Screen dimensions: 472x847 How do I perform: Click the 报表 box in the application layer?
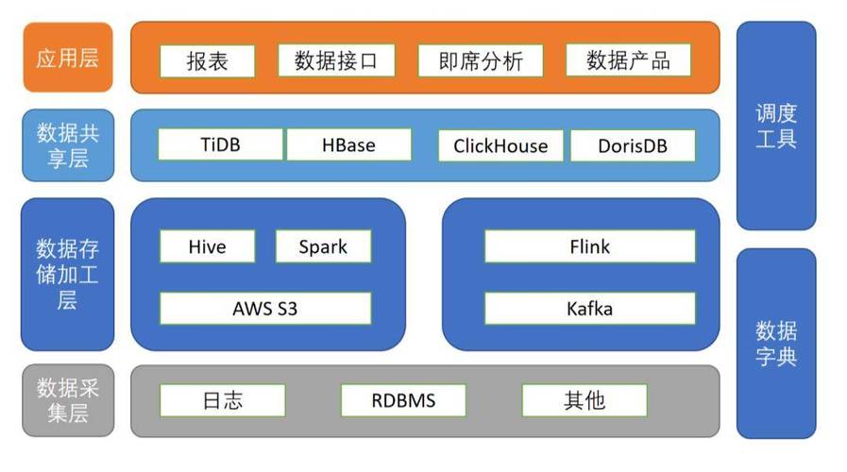207,61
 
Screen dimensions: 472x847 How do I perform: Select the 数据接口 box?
335,61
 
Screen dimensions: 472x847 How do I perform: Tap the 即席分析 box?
481,61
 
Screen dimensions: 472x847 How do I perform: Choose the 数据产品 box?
628,61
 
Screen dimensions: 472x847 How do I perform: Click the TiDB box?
220,145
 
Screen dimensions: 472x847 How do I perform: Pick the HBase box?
348,145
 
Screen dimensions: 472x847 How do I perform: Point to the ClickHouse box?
500,146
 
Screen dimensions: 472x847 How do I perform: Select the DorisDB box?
633,146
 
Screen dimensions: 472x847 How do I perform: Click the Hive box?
207,246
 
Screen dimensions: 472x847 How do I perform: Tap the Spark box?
323,246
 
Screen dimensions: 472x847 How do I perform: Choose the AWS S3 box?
265,308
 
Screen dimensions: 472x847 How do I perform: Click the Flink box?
590,246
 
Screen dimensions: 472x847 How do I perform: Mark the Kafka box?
590,308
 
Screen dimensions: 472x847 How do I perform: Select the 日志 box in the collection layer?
222,400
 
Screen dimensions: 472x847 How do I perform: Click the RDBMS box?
403,400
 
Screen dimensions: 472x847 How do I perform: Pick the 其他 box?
584,400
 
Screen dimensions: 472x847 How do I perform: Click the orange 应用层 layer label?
67,58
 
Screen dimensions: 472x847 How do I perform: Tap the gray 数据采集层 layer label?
67,400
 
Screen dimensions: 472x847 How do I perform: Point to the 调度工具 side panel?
775,126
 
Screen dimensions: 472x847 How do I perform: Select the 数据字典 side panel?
775,344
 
